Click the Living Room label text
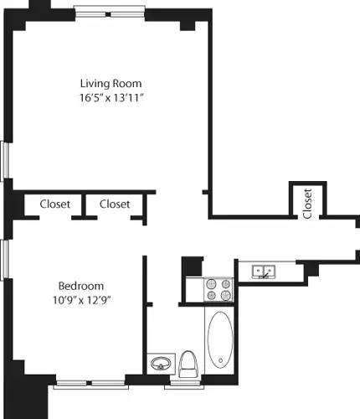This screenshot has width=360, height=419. pos(111,83)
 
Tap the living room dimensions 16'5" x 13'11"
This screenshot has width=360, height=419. pos(111,98)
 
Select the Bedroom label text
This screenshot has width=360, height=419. pos(81,283)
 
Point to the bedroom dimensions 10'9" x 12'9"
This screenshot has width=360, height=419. pos(81,298)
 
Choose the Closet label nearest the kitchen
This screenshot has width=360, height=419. pos(115,204)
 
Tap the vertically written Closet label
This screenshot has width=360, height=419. pos(307,203)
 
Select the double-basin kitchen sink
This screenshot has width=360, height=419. pos(265,271)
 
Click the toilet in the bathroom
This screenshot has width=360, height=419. pos(188,364)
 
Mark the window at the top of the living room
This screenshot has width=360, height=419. pos(111,13)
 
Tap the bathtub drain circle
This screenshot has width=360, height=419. pos(220,362)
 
